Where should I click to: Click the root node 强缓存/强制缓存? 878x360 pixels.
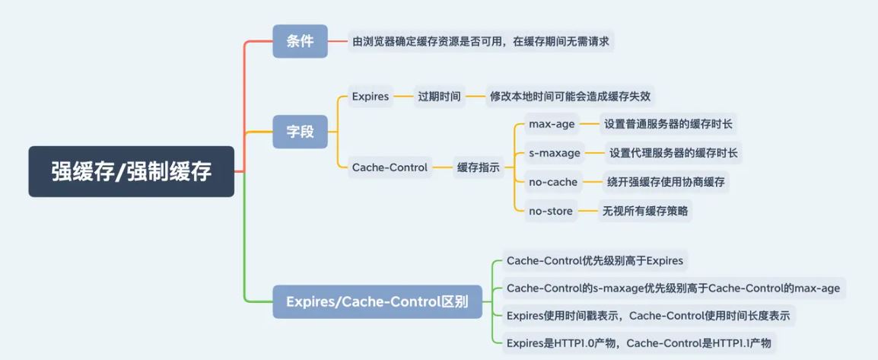tap(131, 172)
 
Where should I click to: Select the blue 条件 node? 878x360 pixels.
tap(300, 41)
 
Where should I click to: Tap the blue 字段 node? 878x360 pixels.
tap(300, 131)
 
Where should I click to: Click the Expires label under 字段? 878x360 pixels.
tap(371, 97)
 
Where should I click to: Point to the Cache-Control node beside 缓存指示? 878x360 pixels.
tap(390, 167)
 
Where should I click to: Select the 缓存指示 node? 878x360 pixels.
tap(478, 167)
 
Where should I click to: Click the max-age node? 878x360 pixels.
tap(552, 124)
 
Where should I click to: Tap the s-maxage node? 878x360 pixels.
tap(555, 153)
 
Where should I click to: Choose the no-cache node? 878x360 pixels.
tap(553, 182)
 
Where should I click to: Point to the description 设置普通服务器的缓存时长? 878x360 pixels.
tap(668, 124)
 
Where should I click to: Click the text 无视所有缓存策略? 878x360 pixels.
tap(645, 211)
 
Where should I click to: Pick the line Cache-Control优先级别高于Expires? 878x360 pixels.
tap(594, 261)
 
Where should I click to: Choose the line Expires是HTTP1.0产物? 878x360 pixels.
tap(638, 342)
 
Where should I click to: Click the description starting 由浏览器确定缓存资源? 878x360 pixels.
tap(480, 41)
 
